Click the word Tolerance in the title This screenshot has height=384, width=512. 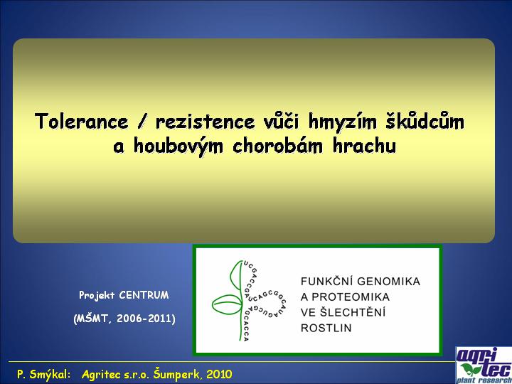click(x=82, y=121)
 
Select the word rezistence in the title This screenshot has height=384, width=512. click(x=205, y=122)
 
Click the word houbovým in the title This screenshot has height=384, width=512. click(x=178, y=147)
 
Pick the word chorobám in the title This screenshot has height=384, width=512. click(x=277, y=146)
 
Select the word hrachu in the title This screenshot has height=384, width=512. click(x=364, y=146)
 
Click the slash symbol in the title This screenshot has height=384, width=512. click(x=142, y=122)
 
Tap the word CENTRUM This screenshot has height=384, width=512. click(x=144, y=295)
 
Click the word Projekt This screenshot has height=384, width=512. click(x=97, y=296)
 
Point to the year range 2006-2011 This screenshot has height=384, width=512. click(x=144, y=319)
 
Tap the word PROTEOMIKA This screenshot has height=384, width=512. click(x=351, y=297)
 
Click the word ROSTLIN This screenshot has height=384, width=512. click(x=326, y=328)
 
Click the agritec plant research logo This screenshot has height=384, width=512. click(x=484, y=365)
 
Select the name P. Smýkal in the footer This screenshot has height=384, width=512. click(x=43, y=374)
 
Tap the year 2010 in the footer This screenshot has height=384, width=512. click(x=219, y=374)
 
